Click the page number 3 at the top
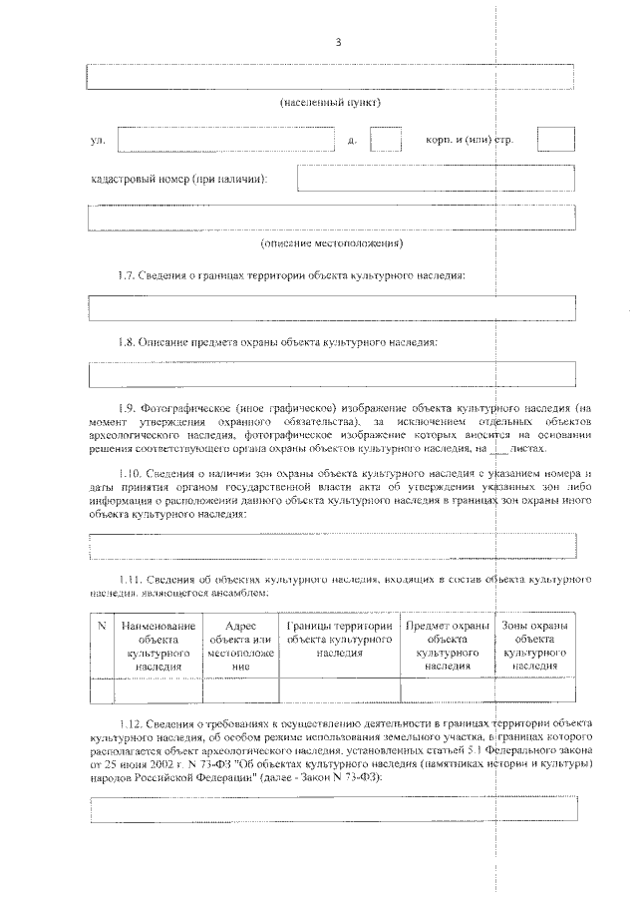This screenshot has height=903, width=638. (338, 41)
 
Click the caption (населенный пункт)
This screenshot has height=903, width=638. (330, 103)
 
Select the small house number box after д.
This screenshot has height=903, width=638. (385, 139)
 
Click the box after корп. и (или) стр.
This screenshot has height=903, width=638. (555, 139)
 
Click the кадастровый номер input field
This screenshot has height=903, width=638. (436, 179)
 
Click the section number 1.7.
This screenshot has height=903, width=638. (131, 274)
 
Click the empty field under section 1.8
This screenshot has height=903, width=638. (332, 374)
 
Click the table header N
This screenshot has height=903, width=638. (102, 626)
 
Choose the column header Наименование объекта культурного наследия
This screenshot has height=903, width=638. (159, 645)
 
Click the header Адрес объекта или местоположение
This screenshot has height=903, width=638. (240, 645)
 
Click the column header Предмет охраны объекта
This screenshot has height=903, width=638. (446, 645)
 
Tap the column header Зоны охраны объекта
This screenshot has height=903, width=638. (534, 645)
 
